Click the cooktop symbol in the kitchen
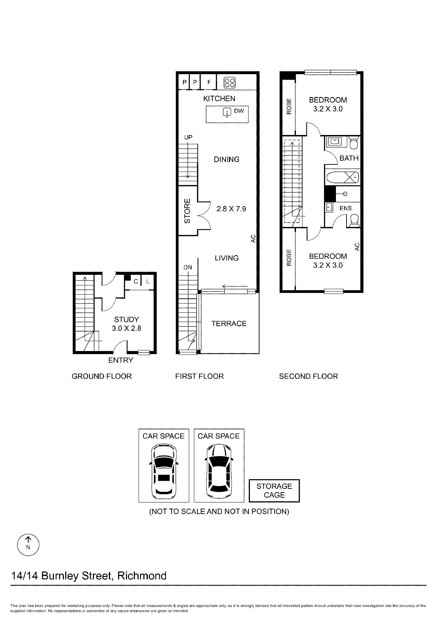click(x=229, y=82)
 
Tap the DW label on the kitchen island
click(x=239, y=111)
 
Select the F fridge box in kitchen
click(x=209, y=82)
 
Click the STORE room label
click(x=187, y=211)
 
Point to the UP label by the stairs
click(x=188, y=137)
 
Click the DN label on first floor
click(x=188, y=267)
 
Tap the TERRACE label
click(x=229, y=323)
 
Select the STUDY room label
click(x=126, y=319)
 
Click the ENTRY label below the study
click(x=121, y=360)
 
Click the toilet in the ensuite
click(x=355, y=221)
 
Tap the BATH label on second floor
click(x=349, y=158)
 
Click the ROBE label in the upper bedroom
click(x=289, y=106)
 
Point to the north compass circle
click(x=28, y=544)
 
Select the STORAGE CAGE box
click(x=274, y=490)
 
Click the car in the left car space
click(x=164, y=471)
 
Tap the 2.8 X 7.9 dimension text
click(x=231, y=208)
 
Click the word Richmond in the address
click(x=142, y=576)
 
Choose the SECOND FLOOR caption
click(x=309, y=376)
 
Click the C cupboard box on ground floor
click(x=136, y=282)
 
